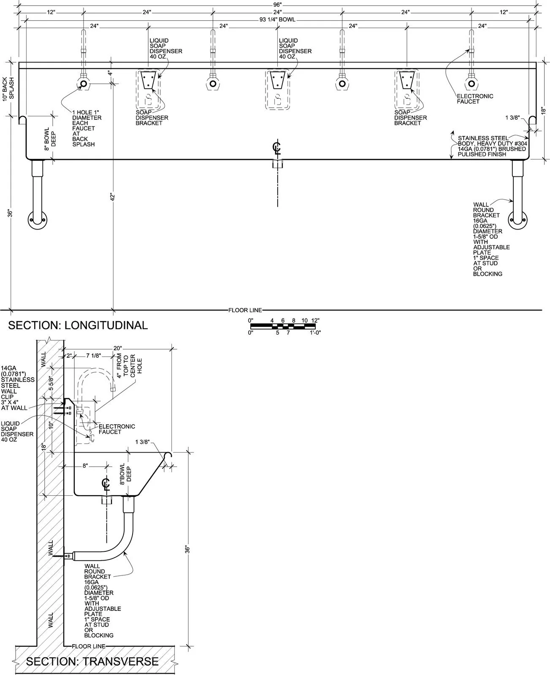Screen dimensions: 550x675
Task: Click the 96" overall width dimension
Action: [x=277, y=5]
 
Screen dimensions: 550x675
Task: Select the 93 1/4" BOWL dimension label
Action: [x=277, y=20]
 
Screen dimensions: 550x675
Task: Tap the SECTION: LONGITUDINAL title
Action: [x=78, y=325]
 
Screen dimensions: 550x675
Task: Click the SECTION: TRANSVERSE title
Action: [x=92, y=661]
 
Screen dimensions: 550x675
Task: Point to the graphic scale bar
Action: [x=283, y=327]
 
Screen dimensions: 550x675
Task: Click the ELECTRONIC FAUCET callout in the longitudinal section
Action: [x=475, y=99]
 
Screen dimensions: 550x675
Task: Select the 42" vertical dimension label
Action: [x=112, y=197]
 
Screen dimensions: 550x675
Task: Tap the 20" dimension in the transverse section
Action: [x=118, y=348]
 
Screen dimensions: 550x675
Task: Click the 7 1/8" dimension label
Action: [x=94, y=356]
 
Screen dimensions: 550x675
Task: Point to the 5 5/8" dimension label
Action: [x=51, y=383]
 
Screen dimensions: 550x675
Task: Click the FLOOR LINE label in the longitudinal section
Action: [x=245, y=310]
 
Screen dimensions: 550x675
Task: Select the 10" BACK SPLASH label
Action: [x=8, y=89]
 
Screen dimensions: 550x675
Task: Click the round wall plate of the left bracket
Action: [x=38, y=219]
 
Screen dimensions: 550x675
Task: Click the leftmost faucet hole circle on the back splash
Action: [x=84, y=84]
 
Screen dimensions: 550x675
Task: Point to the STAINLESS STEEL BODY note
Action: [x=492, y=146]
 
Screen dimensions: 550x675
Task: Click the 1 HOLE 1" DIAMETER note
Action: [x=87, y=128]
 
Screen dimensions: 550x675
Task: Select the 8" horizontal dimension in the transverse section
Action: [x=85, y=466]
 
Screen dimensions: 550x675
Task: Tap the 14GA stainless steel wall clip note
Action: [x=18, y=388]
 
